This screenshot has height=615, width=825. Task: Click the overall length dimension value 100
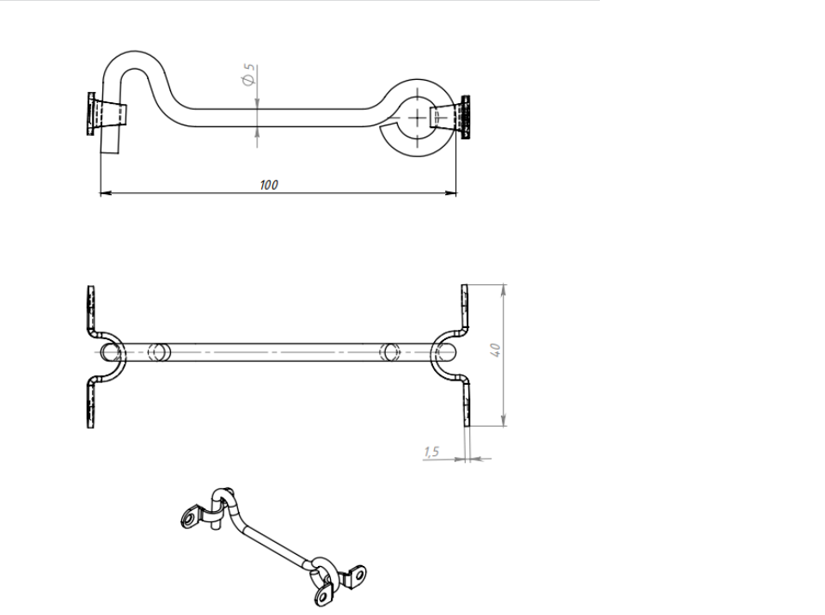269,185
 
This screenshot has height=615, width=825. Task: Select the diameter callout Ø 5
248,75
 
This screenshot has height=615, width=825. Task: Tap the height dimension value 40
495,350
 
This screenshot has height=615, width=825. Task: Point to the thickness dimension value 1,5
431,452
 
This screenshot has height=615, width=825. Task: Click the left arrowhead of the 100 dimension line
106,193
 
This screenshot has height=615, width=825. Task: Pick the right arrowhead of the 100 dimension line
451,193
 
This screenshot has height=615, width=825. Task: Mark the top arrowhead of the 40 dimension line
504,289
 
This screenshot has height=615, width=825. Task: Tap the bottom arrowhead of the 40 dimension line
504,420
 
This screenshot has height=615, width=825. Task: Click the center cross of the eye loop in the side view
418,118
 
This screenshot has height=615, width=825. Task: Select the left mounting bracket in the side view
107,114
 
